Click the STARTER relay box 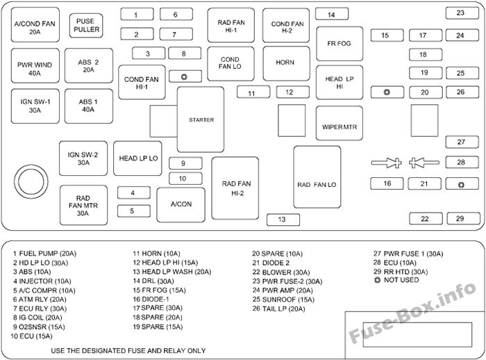click(x=201, y=120)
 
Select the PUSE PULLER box click(x=86, y=26)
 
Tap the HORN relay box click(x=286, y=63)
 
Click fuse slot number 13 click(x=283, y=220)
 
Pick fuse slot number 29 click(x=463, y=218)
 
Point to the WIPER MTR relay click(x=339, y=123)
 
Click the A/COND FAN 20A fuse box click(x=35, y=25)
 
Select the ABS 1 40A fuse click(x=89, y=106)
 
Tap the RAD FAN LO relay click(x=317, y=177)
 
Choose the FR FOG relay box click(x=340, y=44)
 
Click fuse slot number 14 click(x=332, y=15)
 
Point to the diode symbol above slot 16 click(x=387, y=163)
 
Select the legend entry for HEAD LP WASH click(x=172, y=272)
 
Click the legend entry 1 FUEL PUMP click(x=44, y=254)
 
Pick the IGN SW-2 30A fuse click(x=83, y=158)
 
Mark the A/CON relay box click(x=181, y=204)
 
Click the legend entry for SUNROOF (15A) click(x=283, y=300)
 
